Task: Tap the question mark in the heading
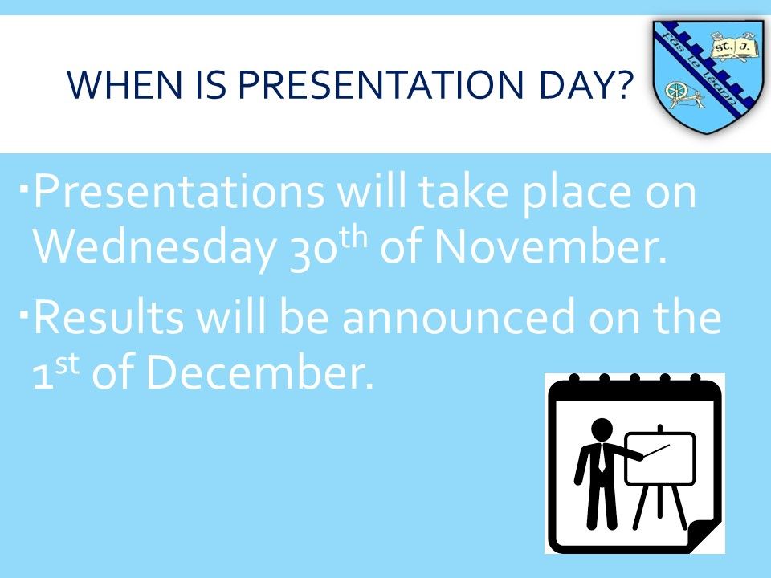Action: coord(621,84)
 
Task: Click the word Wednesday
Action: coord(154,248)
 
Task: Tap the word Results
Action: coord(108,317)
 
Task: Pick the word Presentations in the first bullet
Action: coord(178,191)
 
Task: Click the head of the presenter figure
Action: coord(602,430)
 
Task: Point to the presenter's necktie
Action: coord(602,459)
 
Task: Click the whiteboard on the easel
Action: coord(660,458)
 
